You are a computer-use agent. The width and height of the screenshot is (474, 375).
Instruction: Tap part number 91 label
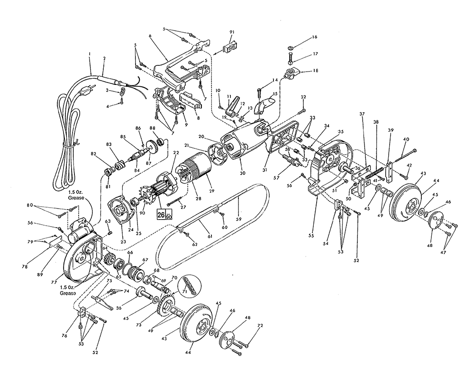click(x=232, y=32)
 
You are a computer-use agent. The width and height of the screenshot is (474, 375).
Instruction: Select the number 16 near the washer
click(x=314, y=37)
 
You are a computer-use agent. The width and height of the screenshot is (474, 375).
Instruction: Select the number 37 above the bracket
click(x=362, y=114)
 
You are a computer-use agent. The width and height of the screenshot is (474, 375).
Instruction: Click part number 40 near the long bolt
click(x=406, y=139)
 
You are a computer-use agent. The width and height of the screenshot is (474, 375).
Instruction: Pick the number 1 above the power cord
click(x=90, y=54)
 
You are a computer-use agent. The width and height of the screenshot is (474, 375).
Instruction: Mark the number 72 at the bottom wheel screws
click(x=260, y=325)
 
